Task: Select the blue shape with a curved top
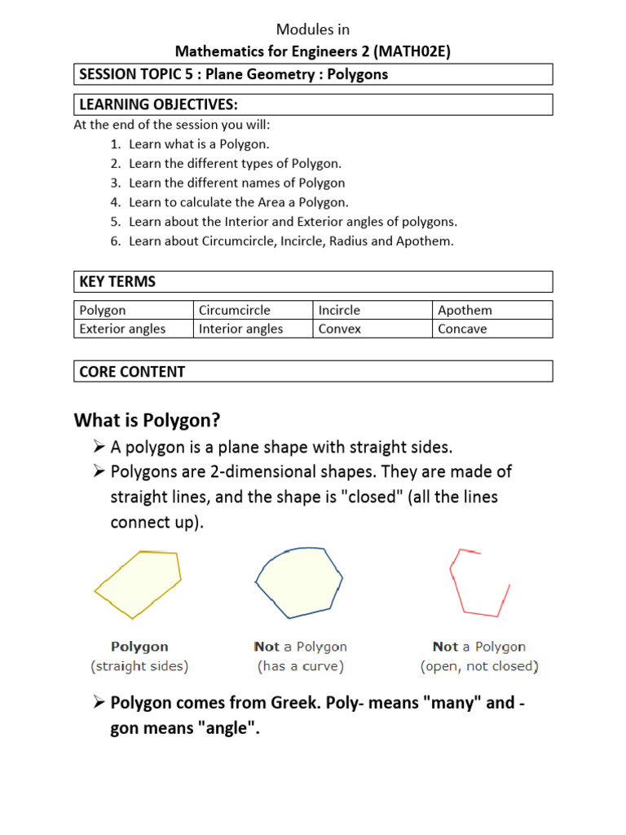(298, 581)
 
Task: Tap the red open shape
(478, 582)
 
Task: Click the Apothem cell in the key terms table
(465, 310)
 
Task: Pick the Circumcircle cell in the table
(235, 310)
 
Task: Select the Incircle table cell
(339, 310)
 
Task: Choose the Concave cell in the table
(462, 329)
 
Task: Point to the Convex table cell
(340, 329)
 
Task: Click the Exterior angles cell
(122, 329)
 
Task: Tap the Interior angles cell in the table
(241, 329)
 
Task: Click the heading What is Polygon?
(148, 420)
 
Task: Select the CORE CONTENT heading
(132, 372)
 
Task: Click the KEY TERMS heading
(117, 282)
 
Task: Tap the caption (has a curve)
(300, 666)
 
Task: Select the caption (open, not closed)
(479, 666)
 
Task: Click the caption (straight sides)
(139, 666)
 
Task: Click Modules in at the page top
(313, 29)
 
